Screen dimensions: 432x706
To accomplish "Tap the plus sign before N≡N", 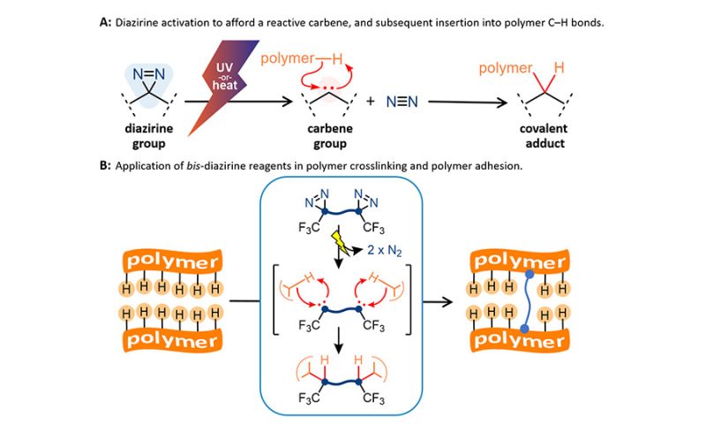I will (x=370, y=102).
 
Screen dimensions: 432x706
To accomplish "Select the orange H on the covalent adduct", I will (x=560, y=66).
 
